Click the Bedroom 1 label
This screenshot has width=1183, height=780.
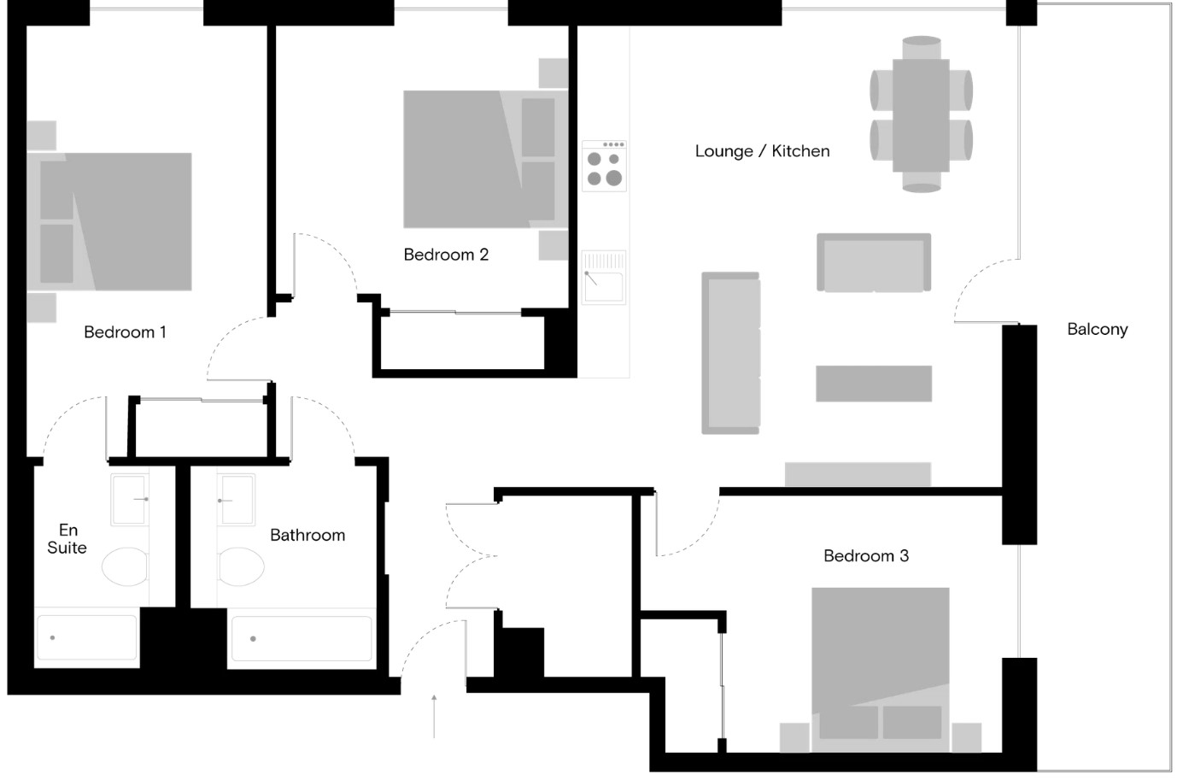click(x=125, y=332)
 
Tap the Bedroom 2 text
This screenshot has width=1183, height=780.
click(x=446, y=255)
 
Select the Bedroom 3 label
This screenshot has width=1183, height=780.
click(x=865, y=556)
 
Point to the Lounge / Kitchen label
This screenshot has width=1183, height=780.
click(x=762, y=151)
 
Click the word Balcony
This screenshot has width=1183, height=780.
click(x=1097, y=329)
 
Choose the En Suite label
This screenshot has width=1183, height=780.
click(x=67, y=539)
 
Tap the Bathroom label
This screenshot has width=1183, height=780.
click(x=307, y=536)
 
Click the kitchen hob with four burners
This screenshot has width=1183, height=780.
click(x=604, y=166)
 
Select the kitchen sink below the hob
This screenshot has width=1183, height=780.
click(x=604, y=277)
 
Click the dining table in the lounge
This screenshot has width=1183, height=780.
click(x=921, y=114)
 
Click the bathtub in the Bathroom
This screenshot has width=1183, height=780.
click(x=301, y=638)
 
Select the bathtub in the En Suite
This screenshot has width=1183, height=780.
click(x=85, y=637)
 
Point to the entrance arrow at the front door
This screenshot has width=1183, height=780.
click(x=434, y=715)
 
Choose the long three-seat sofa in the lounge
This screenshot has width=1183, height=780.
click(x=730, y=353)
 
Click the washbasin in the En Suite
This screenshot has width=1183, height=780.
click(x=131, y=499)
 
